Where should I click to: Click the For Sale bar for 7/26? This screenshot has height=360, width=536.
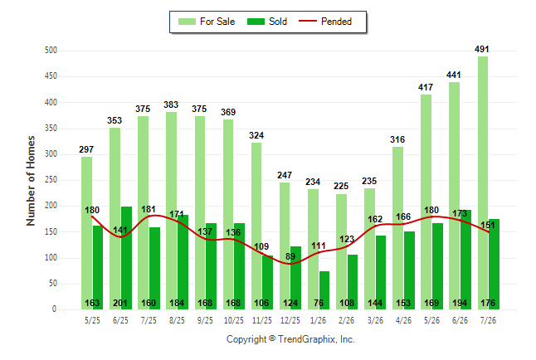483,183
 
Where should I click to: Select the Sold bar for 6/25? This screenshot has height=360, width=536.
126,258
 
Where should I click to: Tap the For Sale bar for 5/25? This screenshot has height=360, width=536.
86,233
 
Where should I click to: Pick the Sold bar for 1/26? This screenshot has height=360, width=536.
324,290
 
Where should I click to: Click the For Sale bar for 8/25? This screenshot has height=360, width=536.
172,211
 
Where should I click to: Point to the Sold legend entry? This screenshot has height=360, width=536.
267,22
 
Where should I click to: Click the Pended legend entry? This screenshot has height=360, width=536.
325,22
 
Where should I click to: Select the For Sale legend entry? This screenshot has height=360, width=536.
207,22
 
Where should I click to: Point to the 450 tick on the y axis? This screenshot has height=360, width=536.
51,75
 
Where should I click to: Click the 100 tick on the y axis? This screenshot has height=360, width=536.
51,258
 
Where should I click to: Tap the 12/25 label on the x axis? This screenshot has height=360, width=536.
290,320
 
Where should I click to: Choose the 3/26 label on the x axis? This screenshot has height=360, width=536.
375,320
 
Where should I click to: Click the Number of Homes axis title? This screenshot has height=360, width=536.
31,181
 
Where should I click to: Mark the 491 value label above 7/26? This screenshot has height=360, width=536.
481,49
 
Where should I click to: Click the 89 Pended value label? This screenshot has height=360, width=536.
290,256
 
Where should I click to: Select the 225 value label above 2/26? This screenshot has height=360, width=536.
341,186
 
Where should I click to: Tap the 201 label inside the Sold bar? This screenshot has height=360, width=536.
120,303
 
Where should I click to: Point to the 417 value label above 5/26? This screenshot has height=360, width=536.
426,87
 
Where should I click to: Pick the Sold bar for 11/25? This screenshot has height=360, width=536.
268,282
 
